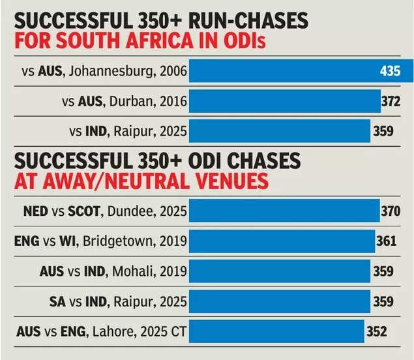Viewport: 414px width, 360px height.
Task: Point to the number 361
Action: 386,241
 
